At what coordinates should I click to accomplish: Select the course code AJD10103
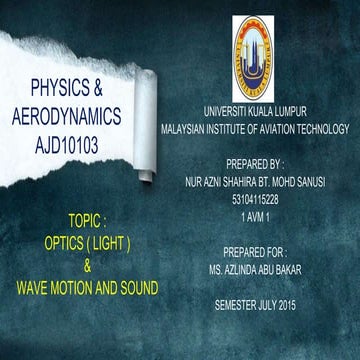[x=74, y=143]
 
